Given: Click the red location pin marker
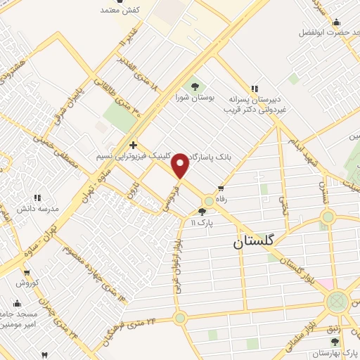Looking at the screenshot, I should [x=180, y=166].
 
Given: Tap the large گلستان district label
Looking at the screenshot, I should [x=261, y=241].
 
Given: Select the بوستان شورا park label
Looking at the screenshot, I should [x=195, y=98].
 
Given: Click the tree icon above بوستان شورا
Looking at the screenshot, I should [x=195, y=86].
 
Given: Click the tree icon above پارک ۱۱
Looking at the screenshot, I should [x=202, y=212].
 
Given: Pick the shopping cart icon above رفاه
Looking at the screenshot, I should [x=221, y=188].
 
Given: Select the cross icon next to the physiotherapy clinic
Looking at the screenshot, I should [x=132, y=145].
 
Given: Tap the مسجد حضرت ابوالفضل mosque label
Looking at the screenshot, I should [x=326, y=32].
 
